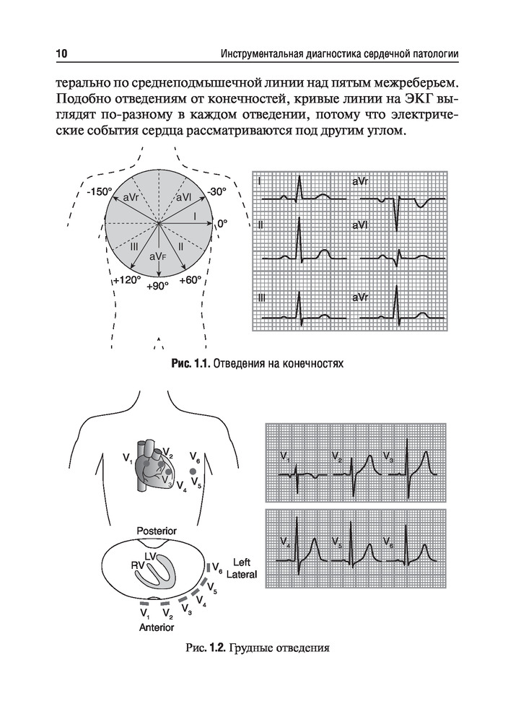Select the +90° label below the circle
157,286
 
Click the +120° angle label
128,279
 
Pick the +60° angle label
190,279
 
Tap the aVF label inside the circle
158,256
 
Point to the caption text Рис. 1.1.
189,364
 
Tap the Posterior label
157,531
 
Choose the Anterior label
157,627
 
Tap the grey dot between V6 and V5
193,471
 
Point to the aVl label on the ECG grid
360,226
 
